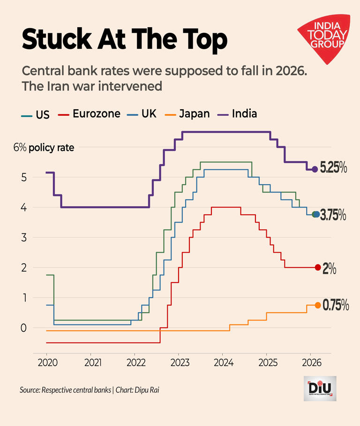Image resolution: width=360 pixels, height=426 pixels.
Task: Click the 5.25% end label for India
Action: click(333, 168)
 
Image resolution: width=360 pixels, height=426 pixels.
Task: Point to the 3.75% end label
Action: click(333, 215)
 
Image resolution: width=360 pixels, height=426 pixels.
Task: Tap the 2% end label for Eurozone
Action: click(330, 269)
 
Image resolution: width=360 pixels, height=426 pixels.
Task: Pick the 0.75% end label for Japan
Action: click(336, 306)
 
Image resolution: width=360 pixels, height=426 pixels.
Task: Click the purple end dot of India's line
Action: click(315, 169)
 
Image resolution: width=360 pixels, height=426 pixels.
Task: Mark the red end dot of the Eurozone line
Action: click(318, 268)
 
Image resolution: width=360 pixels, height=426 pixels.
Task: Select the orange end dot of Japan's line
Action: click(318, 305)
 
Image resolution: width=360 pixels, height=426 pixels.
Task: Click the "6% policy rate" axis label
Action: click(44, 148)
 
